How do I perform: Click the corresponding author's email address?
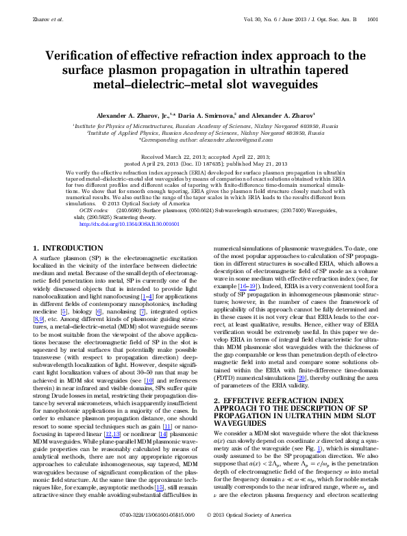click(234, 139)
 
